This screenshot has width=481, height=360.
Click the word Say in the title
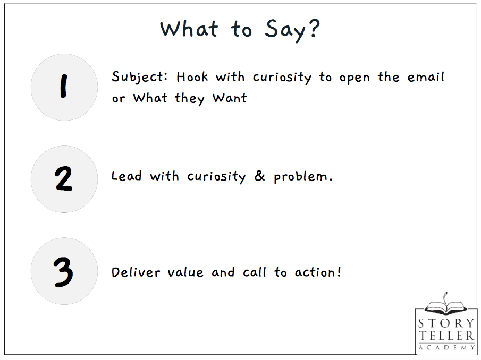click(x=285, y=30)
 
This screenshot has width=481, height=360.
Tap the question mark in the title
click(x=314, y=28)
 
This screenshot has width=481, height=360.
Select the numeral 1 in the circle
click(x=63, y=86)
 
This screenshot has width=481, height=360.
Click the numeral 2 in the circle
click(x=63, y=178)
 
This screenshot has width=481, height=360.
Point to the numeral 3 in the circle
click(x=63, y=272)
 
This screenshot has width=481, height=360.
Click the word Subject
click(x=140, y=77)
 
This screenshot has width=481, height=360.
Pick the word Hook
click(x=192, y=76)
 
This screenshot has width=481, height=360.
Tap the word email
click(x=426, y=76)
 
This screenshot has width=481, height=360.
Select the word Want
click(x=230, y=98)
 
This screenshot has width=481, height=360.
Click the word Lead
click(x=126, y=176)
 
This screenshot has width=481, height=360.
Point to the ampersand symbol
click(x=259, y=176)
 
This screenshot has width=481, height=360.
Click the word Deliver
click(x=136, y=272)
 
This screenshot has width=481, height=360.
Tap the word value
click(x=185, y=272)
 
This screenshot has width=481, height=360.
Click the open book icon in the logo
click(x=446, y=305)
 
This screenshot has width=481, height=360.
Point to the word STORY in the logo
click(x=446, y=323)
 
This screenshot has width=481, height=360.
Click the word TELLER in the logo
click(x=446, y=336)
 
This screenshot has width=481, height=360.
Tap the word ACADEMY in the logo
click(x=446, y=347)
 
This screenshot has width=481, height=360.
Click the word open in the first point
click(x=355, y=78)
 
